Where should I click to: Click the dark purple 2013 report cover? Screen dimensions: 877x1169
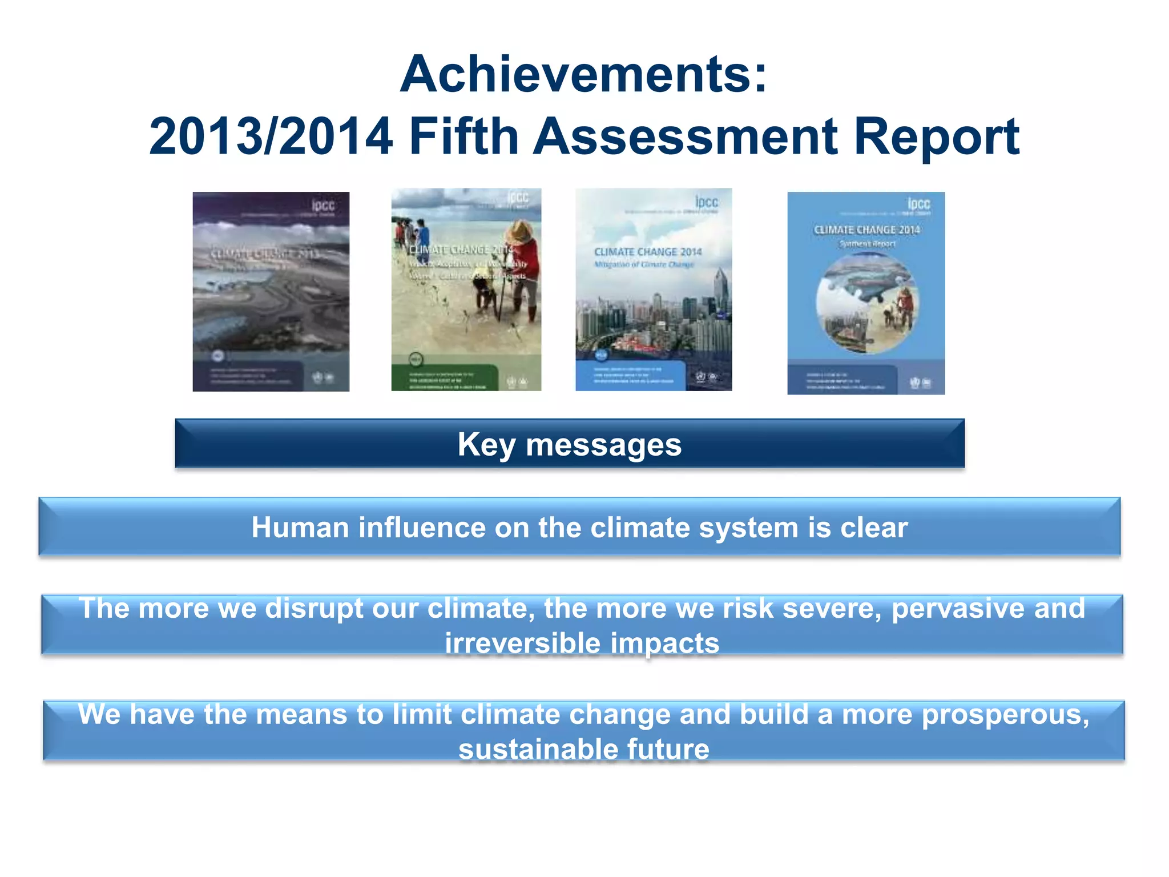pyautogui.click(x=271, y=291)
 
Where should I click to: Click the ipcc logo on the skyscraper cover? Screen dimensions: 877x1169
pyautogui.click(x=706, y=202)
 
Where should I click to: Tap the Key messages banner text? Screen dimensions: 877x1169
pyautogui.click(x=569, y=444)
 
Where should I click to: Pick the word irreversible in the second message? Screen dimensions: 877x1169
pyautogui.click(x=522, y=643)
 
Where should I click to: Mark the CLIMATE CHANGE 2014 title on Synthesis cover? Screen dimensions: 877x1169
pyautogui.click(x=866, y=230)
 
